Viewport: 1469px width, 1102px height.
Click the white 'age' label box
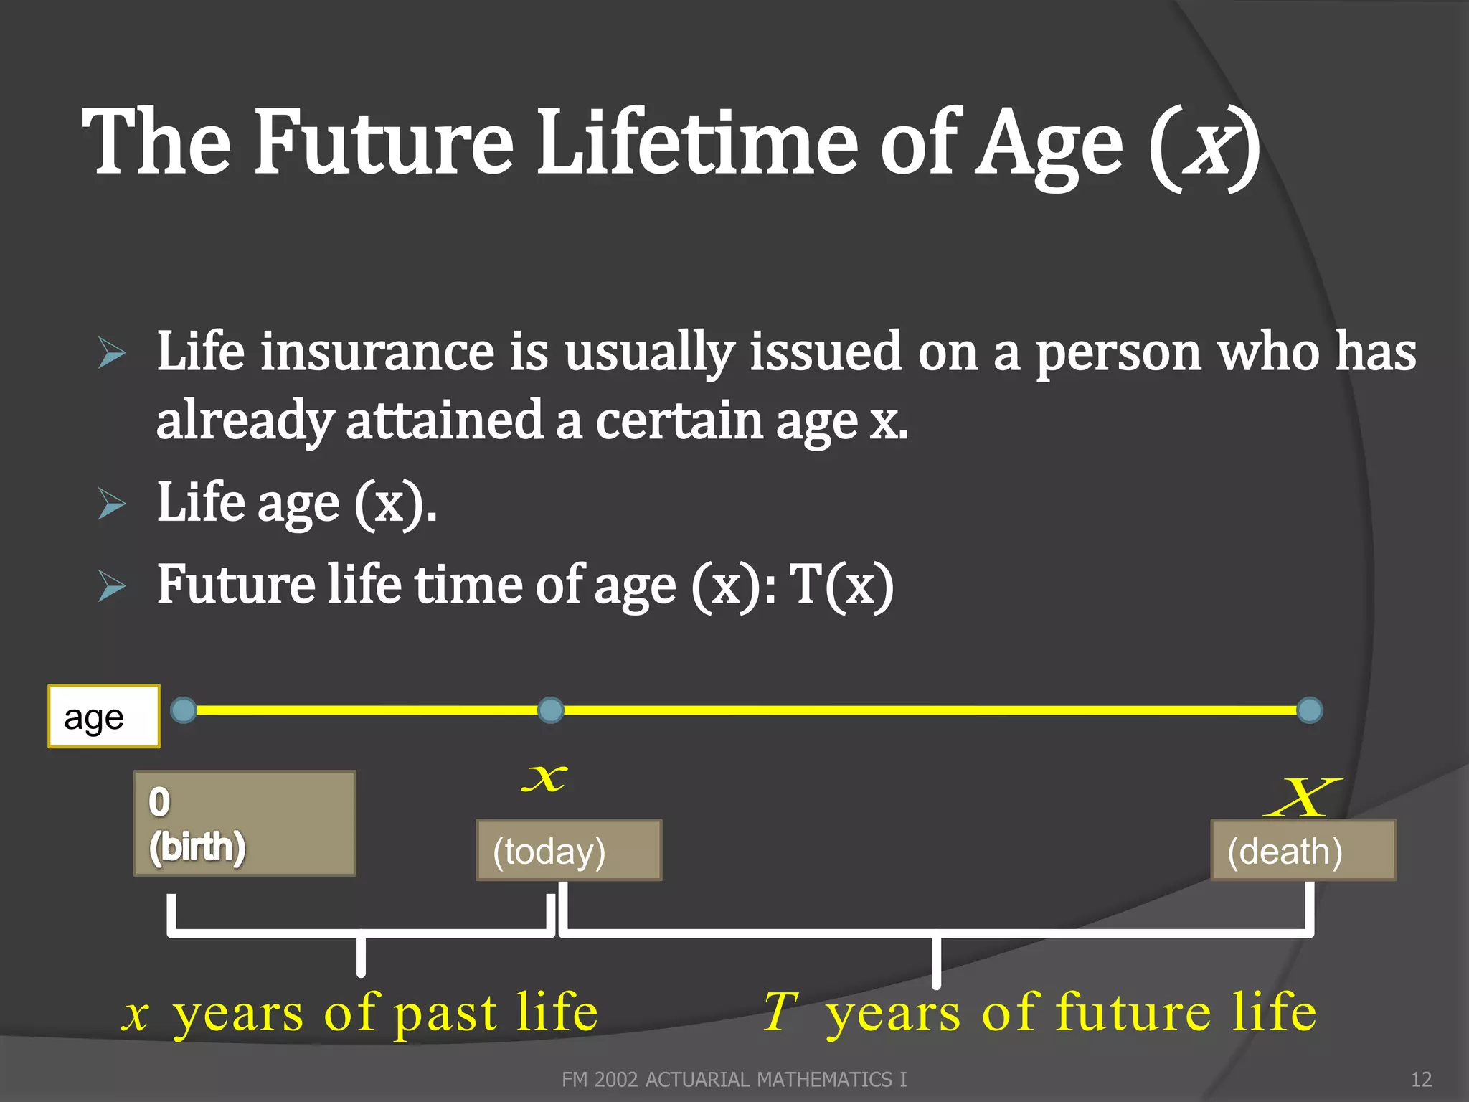click(104, 717)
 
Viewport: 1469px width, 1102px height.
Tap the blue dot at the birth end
click(184, 710)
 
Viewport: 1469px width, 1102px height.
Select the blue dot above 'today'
click(550, 710)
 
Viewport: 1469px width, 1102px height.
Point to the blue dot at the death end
click(1310, 710)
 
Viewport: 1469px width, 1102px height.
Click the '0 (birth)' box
click(245, 824)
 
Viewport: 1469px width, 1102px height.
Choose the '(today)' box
click(569, 851)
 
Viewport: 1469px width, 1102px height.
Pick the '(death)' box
click(1303, 851)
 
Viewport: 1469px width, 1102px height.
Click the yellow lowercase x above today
click(544, 778)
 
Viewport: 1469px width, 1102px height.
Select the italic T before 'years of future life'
click(780, 1012)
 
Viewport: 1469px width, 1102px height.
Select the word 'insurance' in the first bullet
click(377, 352)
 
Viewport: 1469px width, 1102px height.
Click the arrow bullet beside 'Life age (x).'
click(113, 504)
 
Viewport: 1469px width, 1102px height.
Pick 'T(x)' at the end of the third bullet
click(841, 585)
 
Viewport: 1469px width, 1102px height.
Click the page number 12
click(1421, 1080)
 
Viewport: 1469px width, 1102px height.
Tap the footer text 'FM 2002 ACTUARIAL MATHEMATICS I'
click(734, 1080)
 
